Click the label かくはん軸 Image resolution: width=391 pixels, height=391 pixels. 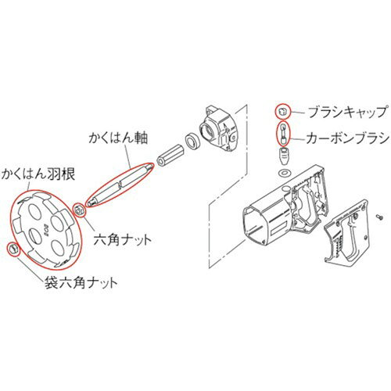click(118, 137)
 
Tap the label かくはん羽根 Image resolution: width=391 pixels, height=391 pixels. click(38, 174)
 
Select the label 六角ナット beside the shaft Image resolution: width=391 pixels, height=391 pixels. click(122, 239)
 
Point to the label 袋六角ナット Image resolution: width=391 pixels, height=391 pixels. click(81, 282)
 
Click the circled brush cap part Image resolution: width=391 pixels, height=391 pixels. click(282, 112)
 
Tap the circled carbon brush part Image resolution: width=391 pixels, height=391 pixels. click(282, 133)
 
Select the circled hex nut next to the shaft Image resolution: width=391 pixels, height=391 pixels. click(79, 210)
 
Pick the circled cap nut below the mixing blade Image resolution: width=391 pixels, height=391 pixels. click(13, 249)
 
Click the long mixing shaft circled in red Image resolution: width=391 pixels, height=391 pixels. click(120, 184)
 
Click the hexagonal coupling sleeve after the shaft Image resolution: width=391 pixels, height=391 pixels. click(170, 155)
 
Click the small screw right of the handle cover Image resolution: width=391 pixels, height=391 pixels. click(379, 216)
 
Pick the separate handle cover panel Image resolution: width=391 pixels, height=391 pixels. click(346, 231)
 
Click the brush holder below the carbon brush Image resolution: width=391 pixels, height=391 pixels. click(284, 156)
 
